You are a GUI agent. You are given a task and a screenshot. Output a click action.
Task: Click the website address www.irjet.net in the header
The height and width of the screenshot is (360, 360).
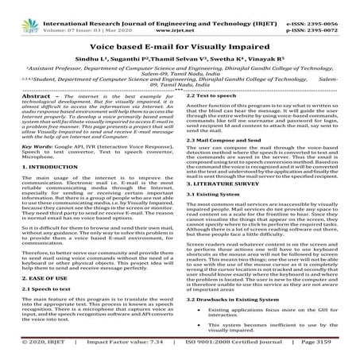pyautogui.click(x=180, y=16)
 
